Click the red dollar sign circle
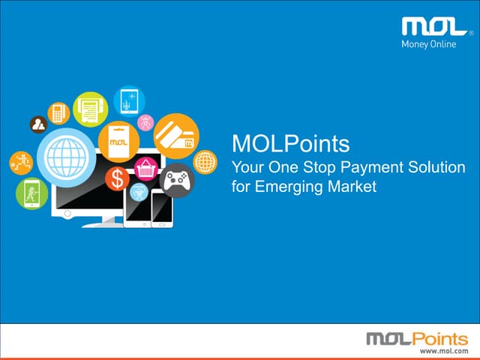point(117,178)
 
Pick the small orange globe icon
point(205,161)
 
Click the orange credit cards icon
point(176,135)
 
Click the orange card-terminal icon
point(58,113)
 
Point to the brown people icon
point(37,124)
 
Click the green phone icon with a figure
point(31,193)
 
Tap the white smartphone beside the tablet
point(162,207)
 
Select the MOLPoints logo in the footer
point(416,339)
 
